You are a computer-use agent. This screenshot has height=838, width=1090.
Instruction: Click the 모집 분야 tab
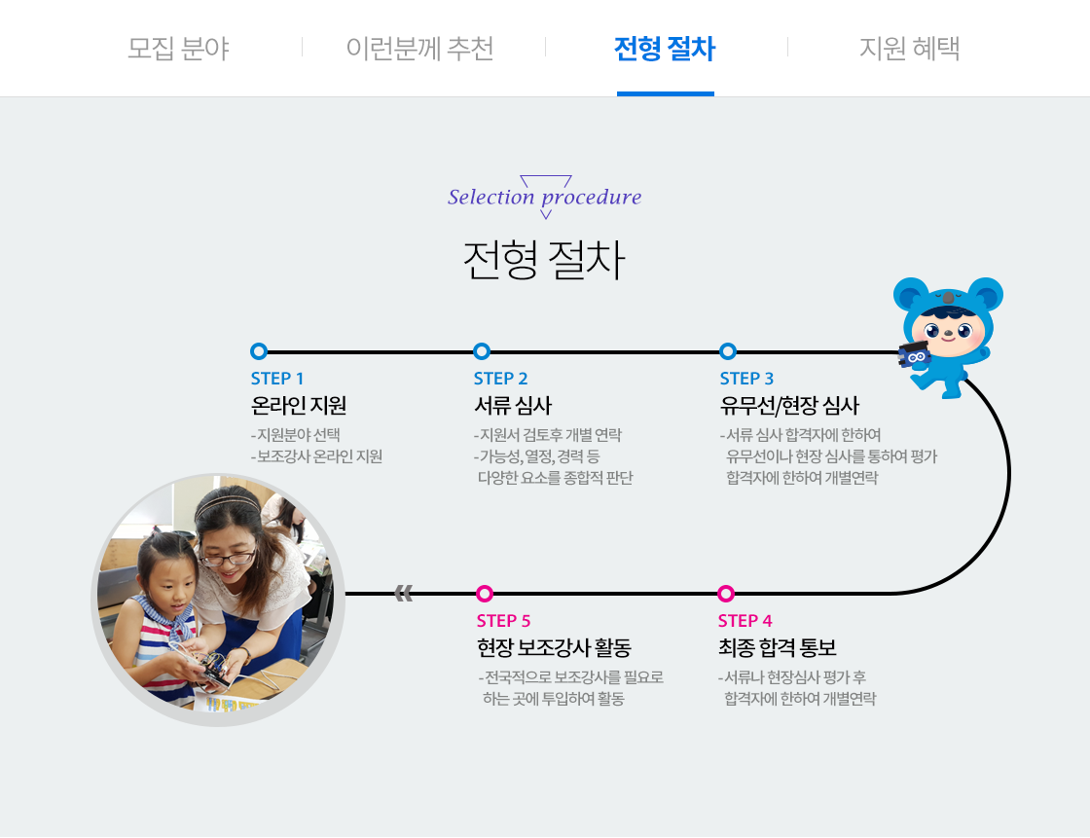pos(178,48)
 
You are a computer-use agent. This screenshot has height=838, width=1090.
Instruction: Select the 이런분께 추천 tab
pos(419,48)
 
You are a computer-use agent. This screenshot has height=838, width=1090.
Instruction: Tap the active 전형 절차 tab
pos(665,48)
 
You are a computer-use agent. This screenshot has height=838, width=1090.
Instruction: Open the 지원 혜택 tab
pos(909,48)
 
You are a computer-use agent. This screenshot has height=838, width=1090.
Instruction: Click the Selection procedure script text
pos(544,197)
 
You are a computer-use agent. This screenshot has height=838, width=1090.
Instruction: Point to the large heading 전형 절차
pos(544,260)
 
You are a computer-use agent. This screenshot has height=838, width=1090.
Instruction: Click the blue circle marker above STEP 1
pos(259,351)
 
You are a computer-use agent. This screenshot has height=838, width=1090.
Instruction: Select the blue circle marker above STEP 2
pos(482,351)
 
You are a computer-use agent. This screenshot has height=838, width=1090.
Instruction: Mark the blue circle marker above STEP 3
pos(728,351)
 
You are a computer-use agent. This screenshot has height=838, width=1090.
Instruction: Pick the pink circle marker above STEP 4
pos(726,593)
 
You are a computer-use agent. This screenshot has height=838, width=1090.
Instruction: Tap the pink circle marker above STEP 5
pos(485,593)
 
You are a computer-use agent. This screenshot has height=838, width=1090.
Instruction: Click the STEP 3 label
pos(746,379)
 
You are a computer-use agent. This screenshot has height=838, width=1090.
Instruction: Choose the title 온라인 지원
pos(299,406)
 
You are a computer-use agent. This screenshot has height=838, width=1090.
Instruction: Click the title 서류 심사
pos(513,406)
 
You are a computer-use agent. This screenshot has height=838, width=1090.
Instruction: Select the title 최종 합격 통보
pos(778,647)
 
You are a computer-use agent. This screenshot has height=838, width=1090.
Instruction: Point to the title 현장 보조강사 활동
pos(554,647)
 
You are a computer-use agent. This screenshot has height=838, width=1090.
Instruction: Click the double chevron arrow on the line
pos(404,593)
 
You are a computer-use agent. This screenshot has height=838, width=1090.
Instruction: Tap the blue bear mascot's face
pos(948,327)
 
